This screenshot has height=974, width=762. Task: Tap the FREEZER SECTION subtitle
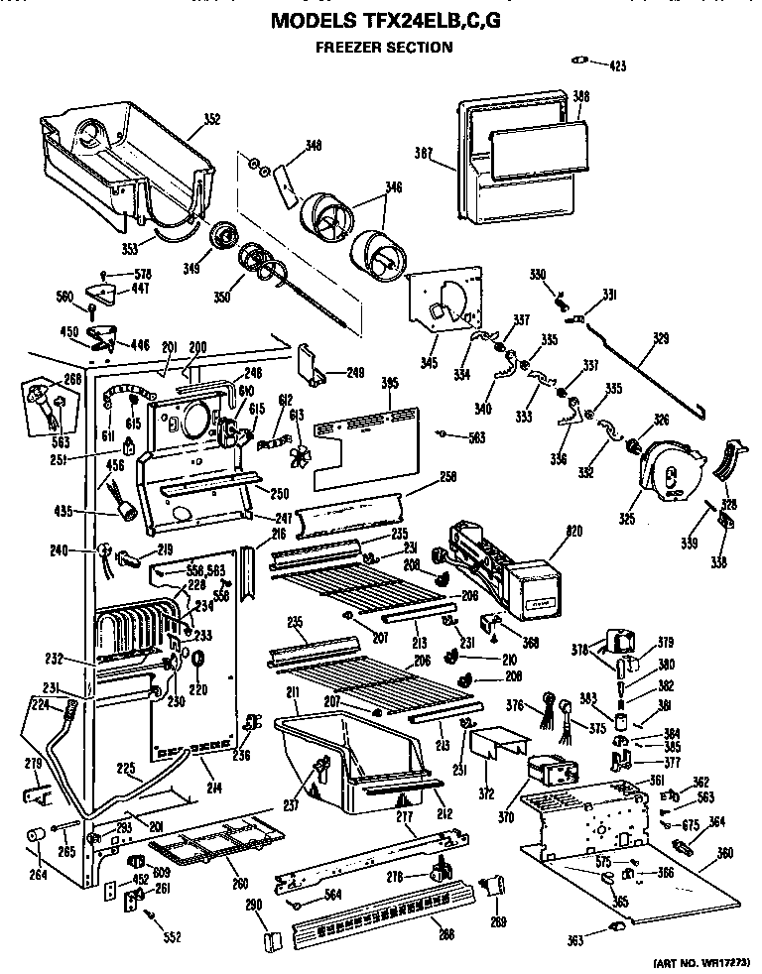pos(384,47)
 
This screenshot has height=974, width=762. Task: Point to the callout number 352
pos(211,120)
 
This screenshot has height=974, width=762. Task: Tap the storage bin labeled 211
pos(347,754)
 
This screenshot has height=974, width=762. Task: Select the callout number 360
pos(724,852)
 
